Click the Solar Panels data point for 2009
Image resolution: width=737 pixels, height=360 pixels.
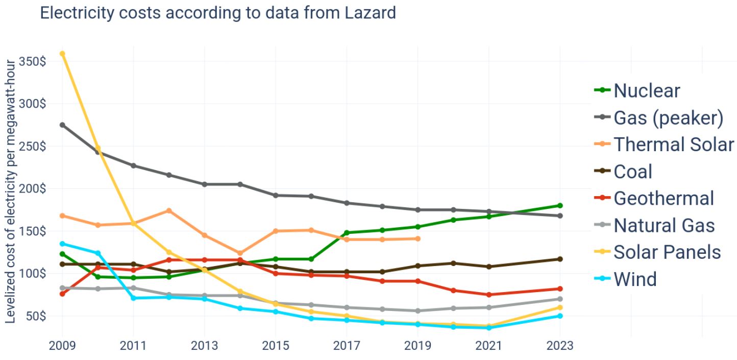pyautogui.click(x=62, y=54)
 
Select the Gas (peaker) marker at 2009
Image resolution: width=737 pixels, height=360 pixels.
pyautogui.click(x=62, y=125)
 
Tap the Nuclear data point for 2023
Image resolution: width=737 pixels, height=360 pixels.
pyautogui.click(x=560, y=206)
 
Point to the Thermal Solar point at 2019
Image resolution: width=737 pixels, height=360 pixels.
pyautogui.click(x=417, y=238)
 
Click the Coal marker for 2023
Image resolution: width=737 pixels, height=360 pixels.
pyautogui.click(x=560, y=259)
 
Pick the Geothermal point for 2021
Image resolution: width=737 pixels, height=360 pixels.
pyautogui.click(x=489, y=295)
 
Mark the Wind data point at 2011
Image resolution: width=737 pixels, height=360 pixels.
pyautogui.click(x=133, y=298)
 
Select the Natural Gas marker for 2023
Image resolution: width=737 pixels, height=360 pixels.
pyautogui.click(x=560, y=299)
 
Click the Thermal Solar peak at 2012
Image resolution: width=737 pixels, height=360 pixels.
pyautogui.click(x=169, y=211)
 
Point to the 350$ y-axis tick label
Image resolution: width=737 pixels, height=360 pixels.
pyautogui.click(x=32, y=62)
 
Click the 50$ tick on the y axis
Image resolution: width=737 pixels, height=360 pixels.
pyautogui.click(x=35, y=316)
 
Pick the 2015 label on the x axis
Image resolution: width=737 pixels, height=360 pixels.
pyautogui.click(x=276, y=346)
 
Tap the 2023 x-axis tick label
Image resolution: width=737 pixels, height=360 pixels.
pyautogui.click(x=560, y=346)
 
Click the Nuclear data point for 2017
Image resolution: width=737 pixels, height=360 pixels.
pyautogui.click(x=347, y=233)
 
